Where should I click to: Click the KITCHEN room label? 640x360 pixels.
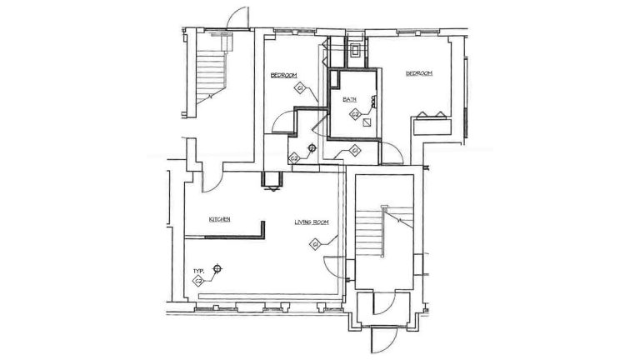point(219,219)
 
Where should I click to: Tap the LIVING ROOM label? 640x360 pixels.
point(312,222)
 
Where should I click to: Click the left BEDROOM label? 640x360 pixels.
point(283,76)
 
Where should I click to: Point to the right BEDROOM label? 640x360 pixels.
point(418,73)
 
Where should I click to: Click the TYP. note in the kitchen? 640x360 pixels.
point(199,271)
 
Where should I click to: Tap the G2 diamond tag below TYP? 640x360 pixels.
point(198,282)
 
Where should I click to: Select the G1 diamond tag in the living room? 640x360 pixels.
point(316,244)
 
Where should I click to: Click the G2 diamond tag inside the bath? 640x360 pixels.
point(354,114)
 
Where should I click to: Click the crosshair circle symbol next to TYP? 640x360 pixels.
point(217,268)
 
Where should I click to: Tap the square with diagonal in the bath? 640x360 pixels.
point(367,121)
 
